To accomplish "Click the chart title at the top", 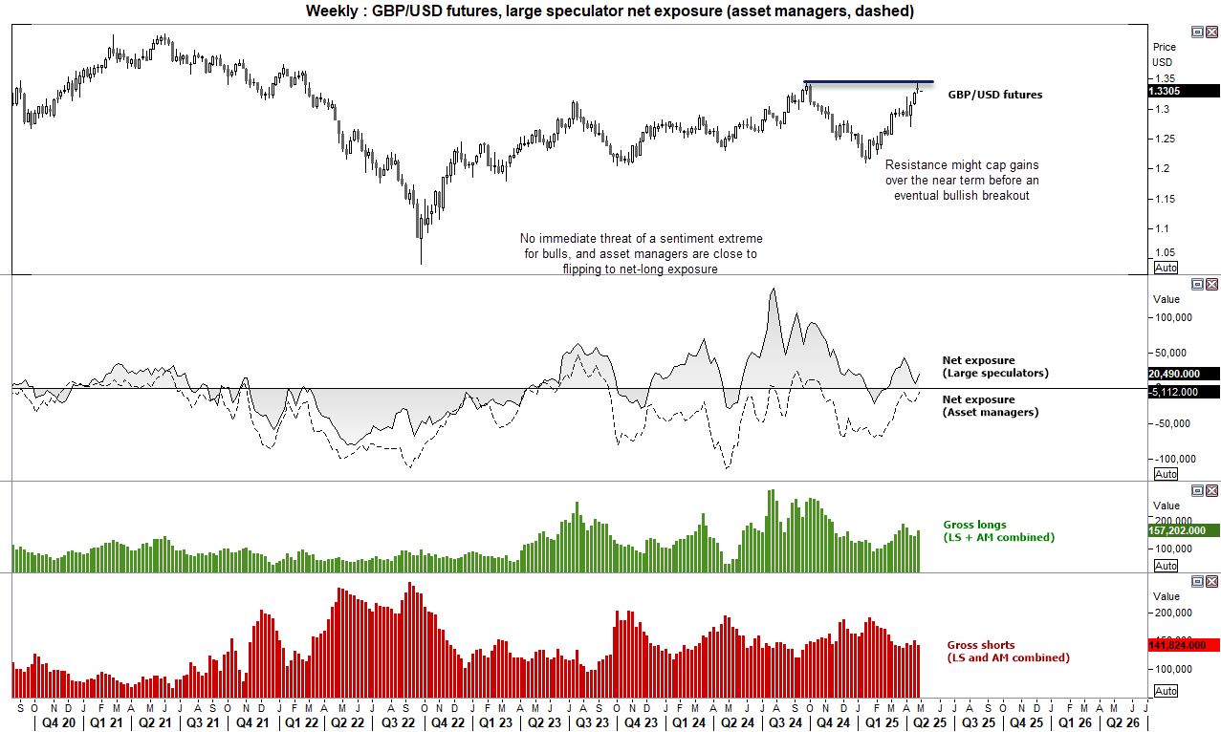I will coord(610,11).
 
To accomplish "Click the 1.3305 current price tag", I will coord(1184,91).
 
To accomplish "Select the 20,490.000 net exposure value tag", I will coord(1184,374).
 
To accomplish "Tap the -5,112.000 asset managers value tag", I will coord(1184,391).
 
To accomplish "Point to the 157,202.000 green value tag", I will coord(1184,530).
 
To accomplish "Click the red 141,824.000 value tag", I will coord(1184,645).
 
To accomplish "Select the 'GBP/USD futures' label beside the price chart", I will coord(995,95).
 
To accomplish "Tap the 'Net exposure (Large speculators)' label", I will coord(994,367).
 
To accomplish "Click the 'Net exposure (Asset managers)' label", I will coord(990,405).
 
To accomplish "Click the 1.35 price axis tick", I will coord(1165,78).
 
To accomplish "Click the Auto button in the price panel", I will coord(1166,268).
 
